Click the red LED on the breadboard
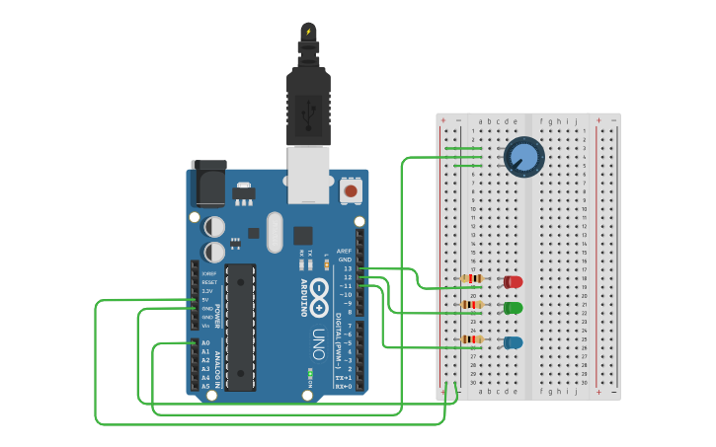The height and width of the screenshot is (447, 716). (514, 282)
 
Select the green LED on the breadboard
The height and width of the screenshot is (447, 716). (514, 308)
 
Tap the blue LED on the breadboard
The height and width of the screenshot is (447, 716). (514, 342)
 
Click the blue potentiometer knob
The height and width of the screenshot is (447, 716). (524, 157)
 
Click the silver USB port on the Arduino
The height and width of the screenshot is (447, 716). (308, 174)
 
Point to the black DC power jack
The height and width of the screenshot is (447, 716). (209, 183)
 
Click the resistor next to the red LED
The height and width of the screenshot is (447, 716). (472, 279)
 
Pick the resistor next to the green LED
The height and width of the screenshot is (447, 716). (472, 305)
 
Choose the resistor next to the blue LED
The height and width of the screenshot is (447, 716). (472, 339)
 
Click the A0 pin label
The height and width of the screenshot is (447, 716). (205, 343)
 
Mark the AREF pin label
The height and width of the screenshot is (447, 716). (344, 251)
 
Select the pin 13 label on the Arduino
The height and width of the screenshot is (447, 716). (346, 268)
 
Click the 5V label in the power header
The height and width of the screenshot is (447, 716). (205, 300)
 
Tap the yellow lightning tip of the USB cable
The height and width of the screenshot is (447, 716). (308, 31)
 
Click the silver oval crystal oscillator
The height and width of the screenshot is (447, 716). (275, 232)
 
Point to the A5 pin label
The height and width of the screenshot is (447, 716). (205, 386)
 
